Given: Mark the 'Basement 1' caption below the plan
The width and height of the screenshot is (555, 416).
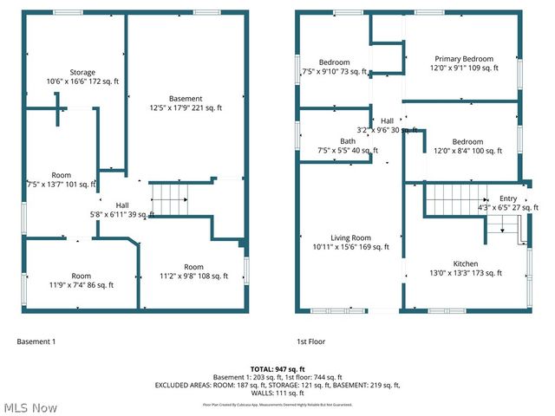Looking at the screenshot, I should (36, 341).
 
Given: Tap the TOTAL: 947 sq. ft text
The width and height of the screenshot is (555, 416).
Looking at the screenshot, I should (277, 369).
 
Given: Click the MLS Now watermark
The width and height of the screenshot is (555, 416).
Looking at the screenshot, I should (31, 407).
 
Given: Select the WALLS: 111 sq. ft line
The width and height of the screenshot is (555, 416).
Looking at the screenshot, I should (277, 393).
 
